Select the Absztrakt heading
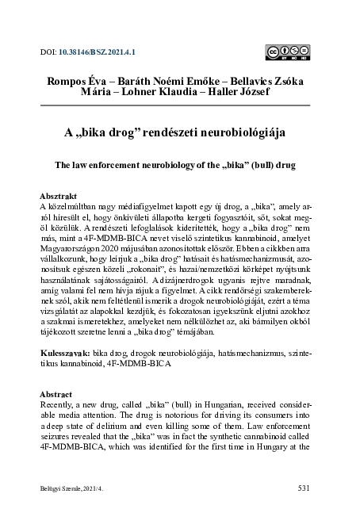59,195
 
